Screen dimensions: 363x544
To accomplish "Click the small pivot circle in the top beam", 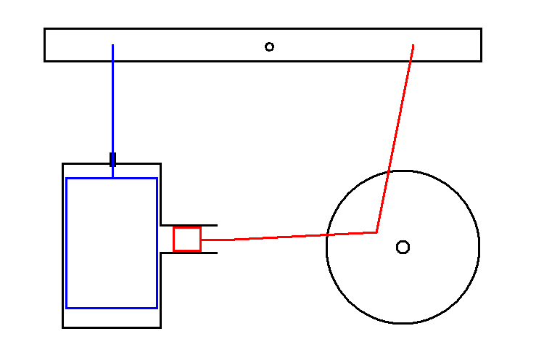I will click(x=269, y=46).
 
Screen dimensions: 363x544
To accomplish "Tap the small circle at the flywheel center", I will click(x=403, y=247).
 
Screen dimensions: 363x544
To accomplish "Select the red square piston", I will click(x=186, y=239).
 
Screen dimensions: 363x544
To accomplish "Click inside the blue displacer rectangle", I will click(x=112, y=242).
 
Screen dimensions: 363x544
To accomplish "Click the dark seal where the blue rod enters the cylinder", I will click(x=112, y=159).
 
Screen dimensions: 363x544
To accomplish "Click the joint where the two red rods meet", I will click(x=377, y=232).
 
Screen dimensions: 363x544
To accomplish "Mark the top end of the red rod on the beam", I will click(x=413, y=46).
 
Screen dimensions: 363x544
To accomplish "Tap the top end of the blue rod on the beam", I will click(x=112, y=46).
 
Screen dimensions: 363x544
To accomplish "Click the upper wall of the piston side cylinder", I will click(x=189, y=225).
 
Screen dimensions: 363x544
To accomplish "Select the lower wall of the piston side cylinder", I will click(x=189, y=253).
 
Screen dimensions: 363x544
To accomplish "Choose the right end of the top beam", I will click(x=479, y=45).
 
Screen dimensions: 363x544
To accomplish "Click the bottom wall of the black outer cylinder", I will click(x=112, y=327).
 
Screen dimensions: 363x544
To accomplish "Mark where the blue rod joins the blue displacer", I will click(x=112, y=178).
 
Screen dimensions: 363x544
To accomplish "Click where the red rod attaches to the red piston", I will click(x=201, y=240).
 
